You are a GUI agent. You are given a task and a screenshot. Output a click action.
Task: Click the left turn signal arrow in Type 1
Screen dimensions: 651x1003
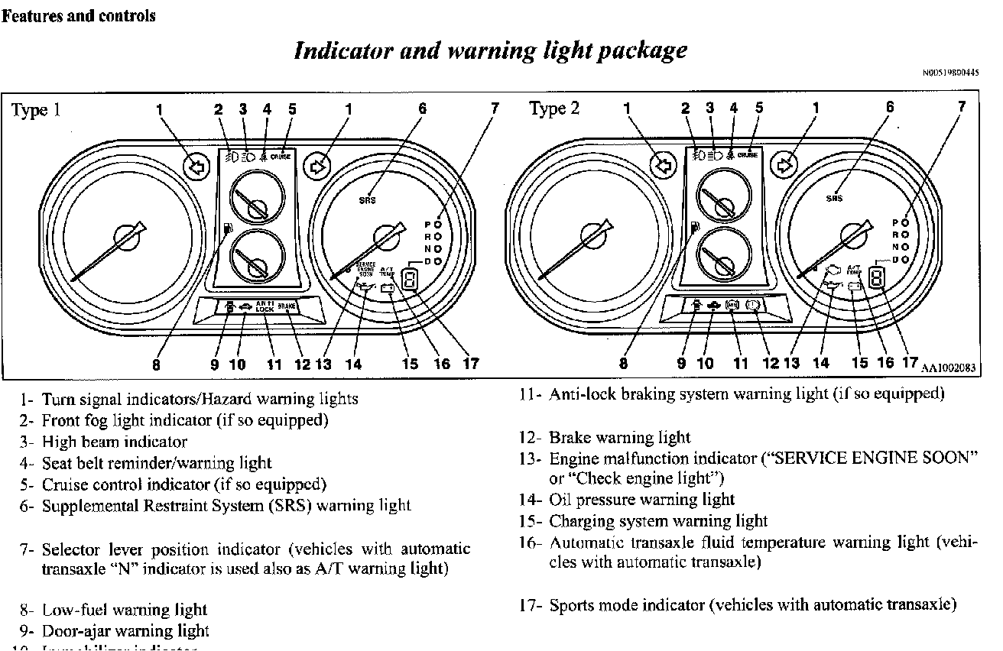[x=196, y=166]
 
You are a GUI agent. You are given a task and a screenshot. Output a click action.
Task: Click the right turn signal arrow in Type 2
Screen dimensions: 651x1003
[x=784, y=165]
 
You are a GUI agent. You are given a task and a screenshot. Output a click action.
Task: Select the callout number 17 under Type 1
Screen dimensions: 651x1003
[x=470, y=364]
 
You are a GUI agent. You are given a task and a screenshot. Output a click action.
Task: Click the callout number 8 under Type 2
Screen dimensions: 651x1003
[x=623, y=364]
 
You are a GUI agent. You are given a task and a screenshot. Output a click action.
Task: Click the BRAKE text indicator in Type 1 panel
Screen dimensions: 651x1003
[x=288, y=306]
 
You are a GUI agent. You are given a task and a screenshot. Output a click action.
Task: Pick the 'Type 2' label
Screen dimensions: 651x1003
[x=554, y=109]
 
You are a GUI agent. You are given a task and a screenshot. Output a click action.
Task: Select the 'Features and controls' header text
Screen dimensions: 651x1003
[x=78, y=15]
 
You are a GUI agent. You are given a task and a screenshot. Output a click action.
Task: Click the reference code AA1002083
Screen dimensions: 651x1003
[x=949, y=368]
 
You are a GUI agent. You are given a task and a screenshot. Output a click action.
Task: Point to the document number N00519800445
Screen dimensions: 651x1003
[x=950, y=73]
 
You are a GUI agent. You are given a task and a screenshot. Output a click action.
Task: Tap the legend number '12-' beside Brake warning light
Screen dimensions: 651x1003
[x=531, y=438]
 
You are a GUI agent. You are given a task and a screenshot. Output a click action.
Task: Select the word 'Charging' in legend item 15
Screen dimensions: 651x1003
[x=581, y=521]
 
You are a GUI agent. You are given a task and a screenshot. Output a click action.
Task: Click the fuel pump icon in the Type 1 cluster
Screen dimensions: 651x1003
[x=227, y=228]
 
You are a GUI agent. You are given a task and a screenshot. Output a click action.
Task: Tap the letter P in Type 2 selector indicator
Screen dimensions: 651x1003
[x=895, y=222]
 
